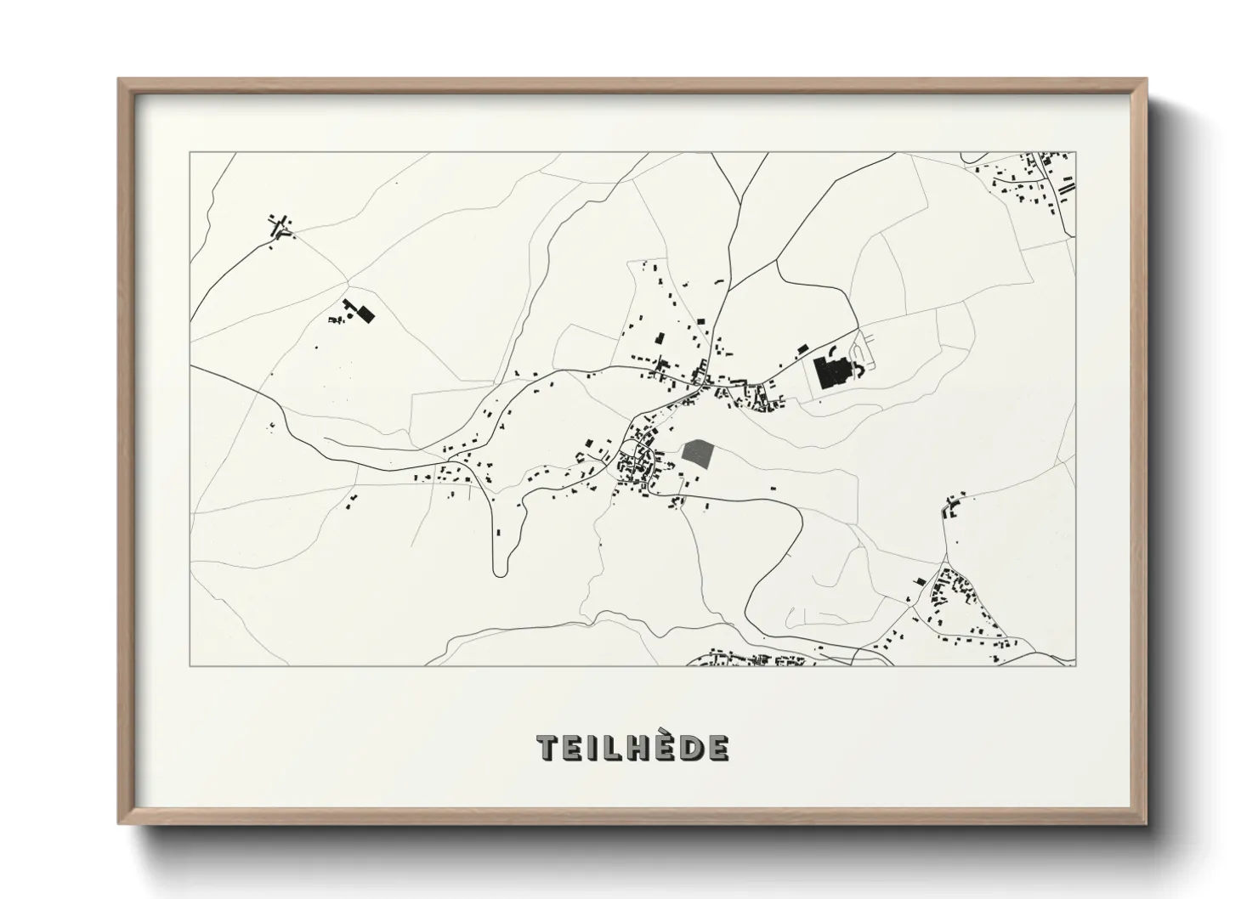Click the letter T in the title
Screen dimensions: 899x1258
click(548, 748)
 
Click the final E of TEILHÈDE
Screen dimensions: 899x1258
click(717, 748)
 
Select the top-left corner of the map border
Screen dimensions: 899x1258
click(190, 153)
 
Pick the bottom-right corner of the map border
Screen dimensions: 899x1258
click(1075, 665)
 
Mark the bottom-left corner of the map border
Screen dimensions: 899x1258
click(190, 665)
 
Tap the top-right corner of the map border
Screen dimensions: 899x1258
click(1075, 153)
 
